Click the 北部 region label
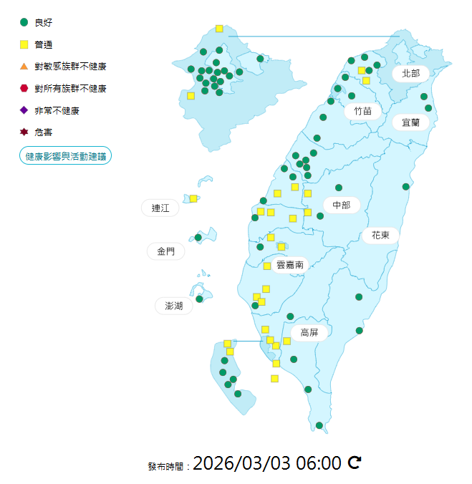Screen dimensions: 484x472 410,73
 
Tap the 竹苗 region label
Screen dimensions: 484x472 362,111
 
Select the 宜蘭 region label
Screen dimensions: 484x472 410,122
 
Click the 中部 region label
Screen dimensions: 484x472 341,205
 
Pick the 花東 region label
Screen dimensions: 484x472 380,235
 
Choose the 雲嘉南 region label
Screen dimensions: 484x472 289,265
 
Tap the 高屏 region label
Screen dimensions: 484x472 309,332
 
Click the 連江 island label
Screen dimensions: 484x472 160,208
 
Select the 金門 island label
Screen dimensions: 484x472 165,251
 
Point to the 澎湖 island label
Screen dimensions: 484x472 173,306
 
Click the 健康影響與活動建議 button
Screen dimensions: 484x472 65,155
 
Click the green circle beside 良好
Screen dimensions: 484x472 24,23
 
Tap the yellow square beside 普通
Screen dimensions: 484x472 24,45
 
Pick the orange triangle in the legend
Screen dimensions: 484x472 24,67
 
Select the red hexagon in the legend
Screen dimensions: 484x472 24,88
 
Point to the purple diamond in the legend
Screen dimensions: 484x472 24,110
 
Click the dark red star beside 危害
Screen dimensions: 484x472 24,132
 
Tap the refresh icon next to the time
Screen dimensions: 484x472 354,463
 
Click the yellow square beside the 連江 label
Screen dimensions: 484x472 193,198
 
